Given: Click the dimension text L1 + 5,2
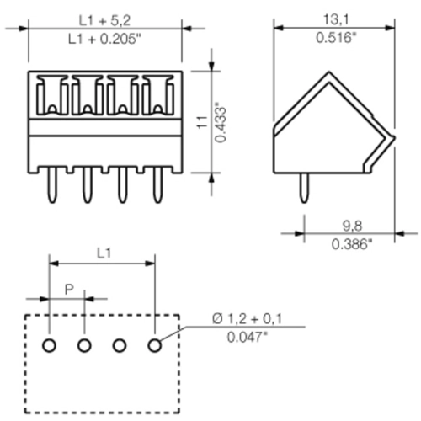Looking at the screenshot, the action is tap(104, 20).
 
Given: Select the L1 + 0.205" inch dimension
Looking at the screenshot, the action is tap(104, 39).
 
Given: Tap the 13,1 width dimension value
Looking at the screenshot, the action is tap(336, 19).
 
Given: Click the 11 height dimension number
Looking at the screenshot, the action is tap(202, 122).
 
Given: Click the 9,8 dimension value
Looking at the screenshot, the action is tap(352, 226).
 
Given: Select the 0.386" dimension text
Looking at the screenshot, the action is tap(352, 244).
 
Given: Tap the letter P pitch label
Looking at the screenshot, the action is tap(69, 289).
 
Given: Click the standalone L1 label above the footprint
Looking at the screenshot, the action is tap(104, 253).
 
